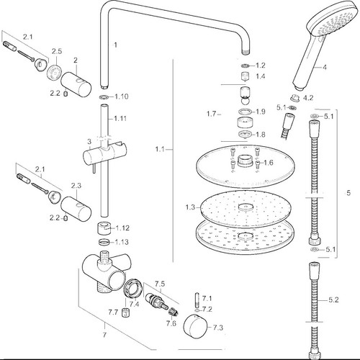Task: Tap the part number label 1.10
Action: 122,96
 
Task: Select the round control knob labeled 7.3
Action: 195,328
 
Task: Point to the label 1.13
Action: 122,242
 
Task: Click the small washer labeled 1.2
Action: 246,66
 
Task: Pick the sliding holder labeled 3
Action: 104,155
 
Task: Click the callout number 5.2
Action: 333,300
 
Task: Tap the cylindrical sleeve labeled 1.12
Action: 104,228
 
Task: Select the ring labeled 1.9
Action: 246,112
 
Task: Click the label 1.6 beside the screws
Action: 269,163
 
